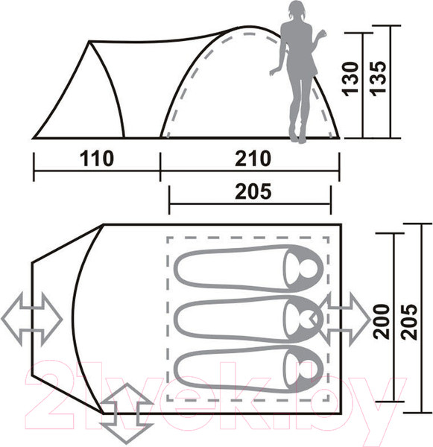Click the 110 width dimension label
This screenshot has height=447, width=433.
[96, 159]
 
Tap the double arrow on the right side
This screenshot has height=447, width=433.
[345, 316]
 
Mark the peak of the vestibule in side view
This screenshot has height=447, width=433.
[92, 42]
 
